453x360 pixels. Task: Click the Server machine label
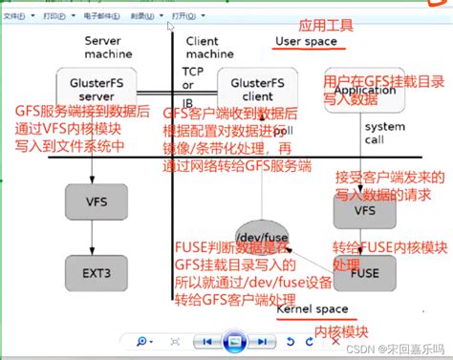pyautogui.click(x=106, y=49)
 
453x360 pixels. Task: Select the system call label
pyautogui.click(x=385, y=134)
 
